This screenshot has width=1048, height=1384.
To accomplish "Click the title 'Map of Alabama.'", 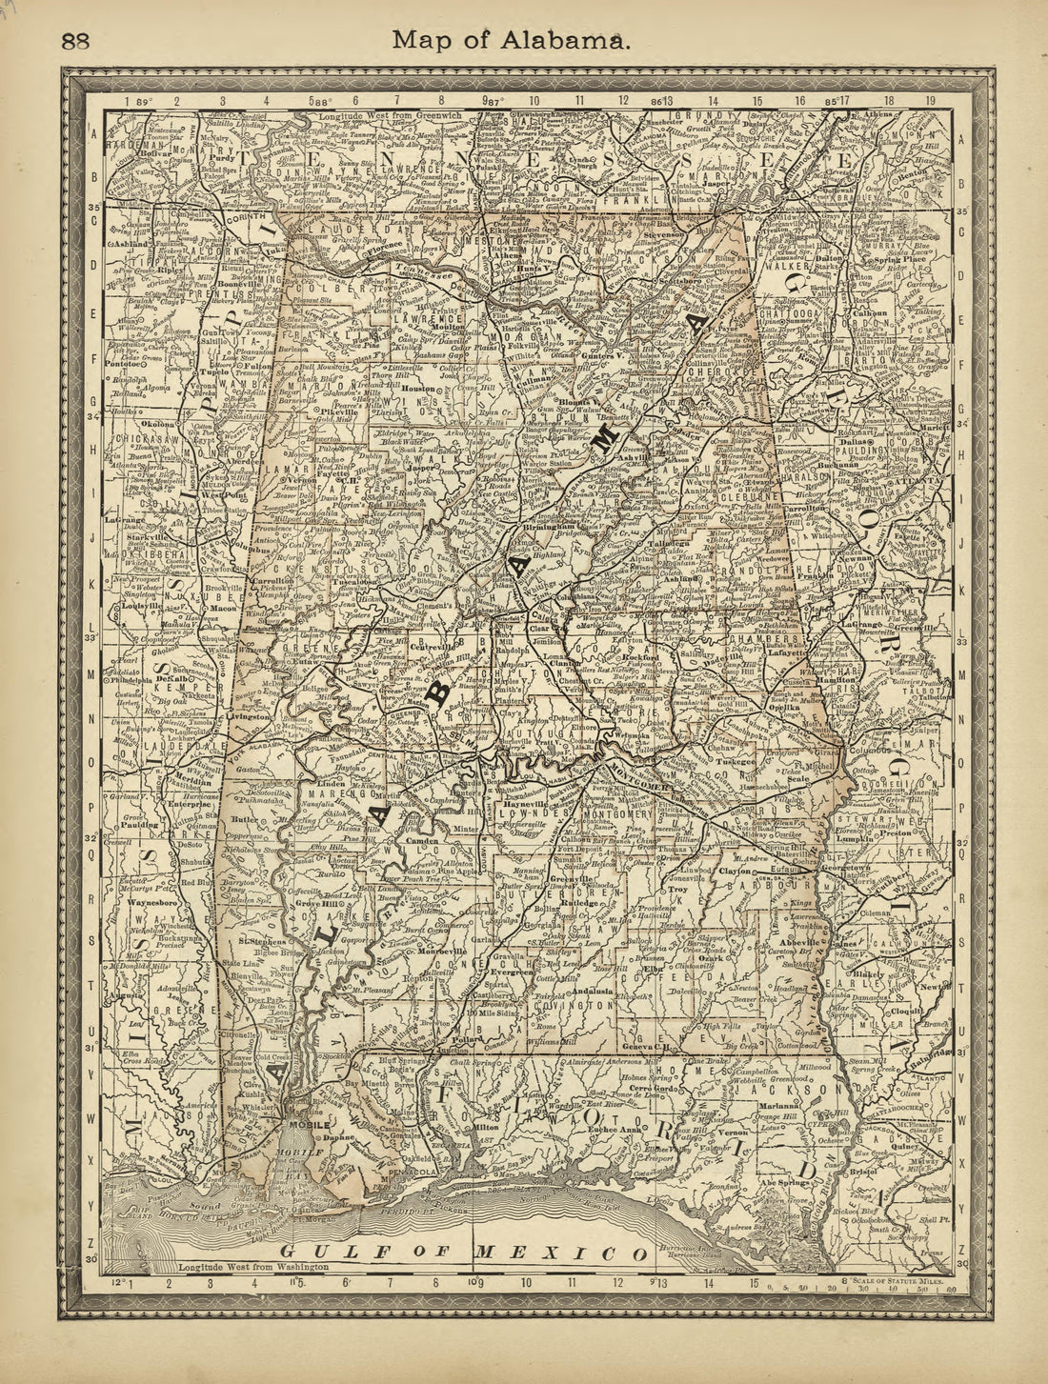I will [510, 41].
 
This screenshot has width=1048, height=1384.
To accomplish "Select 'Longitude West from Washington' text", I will [252, 1267].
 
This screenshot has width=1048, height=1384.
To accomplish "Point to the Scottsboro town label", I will [683, 282].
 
